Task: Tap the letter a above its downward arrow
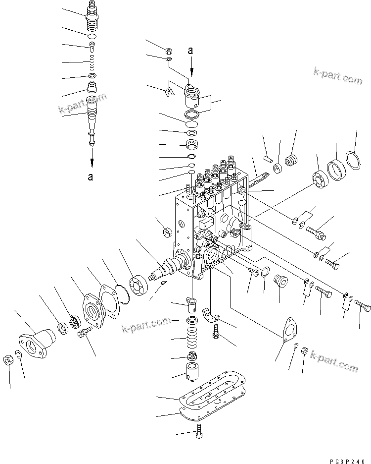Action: click(191, 50)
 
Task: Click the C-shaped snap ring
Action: click(17, 353)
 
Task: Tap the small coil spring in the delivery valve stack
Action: click(92, 62)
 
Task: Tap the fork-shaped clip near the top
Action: click(169, 91)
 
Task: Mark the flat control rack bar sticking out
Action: click(257, 179)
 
